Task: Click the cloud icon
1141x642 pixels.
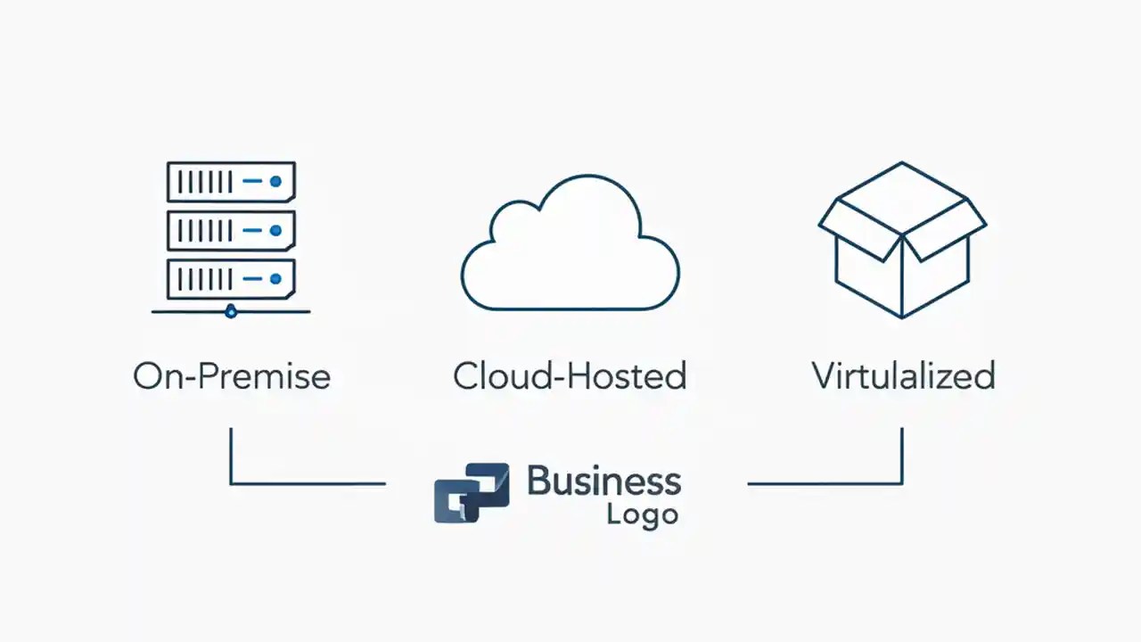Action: tap(570, 245)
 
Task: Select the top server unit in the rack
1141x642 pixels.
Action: tap(231, 182)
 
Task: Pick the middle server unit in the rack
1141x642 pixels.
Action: tap(231, 231)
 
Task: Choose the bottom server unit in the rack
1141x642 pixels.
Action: tap(231, 280)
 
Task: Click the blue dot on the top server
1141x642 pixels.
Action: tap(275, 182)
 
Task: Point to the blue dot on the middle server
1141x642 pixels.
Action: tap(275, 231)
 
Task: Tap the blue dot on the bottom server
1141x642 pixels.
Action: tap(275, 280)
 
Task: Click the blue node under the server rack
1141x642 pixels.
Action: tap(232, 311)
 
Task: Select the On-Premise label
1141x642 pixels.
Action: tap(232, 376)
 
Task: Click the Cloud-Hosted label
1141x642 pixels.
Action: tap(570, 376)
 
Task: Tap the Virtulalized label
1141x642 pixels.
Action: tap(903, 376)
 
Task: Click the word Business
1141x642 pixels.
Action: tap(603, 481)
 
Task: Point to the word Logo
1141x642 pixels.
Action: tap(642, 515)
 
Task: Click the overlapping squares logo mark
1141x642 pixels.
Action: tap(472, 492)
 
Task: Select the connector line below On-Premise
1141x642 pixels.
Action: tap(267, 483)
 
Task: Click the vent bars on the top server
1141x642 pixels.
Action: tap(205, 182)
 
